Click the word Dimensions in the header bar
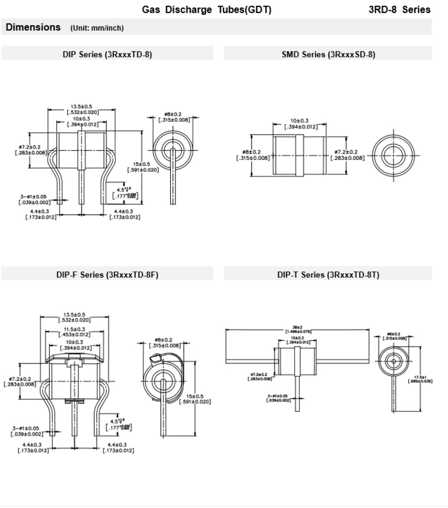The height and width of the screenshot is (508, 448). point(33,27)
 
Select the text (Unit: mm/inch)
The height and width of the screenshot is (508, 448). point(97,28)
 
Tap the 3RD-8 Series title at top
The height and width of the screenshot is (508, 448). point(399,10)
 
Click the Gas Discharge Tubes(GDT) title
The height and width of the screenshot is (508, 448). point(206,10)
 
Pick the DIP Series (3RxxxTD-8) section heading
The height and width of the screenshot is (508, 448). point(107,55)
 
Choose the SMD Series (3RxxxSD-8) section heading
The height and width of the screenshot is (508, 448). point(328,55)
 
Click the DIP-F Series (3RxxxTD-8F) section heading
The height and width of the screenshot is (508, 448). point(107,275)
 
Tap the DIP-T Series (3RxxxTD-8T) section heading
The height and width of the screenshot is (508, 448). point(328,275)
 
